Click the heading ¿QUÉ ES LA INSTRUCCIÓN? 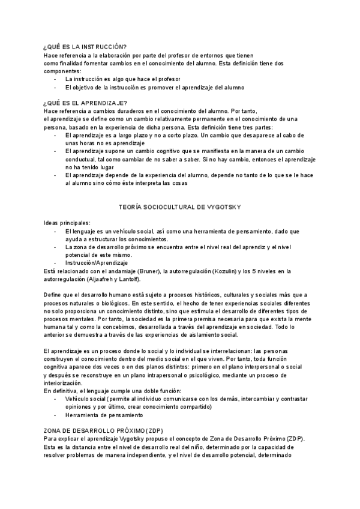click(84, 46)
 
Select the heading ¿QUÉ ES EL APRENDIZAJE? click(86, 103)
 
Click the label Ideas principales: click(67, 223)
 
